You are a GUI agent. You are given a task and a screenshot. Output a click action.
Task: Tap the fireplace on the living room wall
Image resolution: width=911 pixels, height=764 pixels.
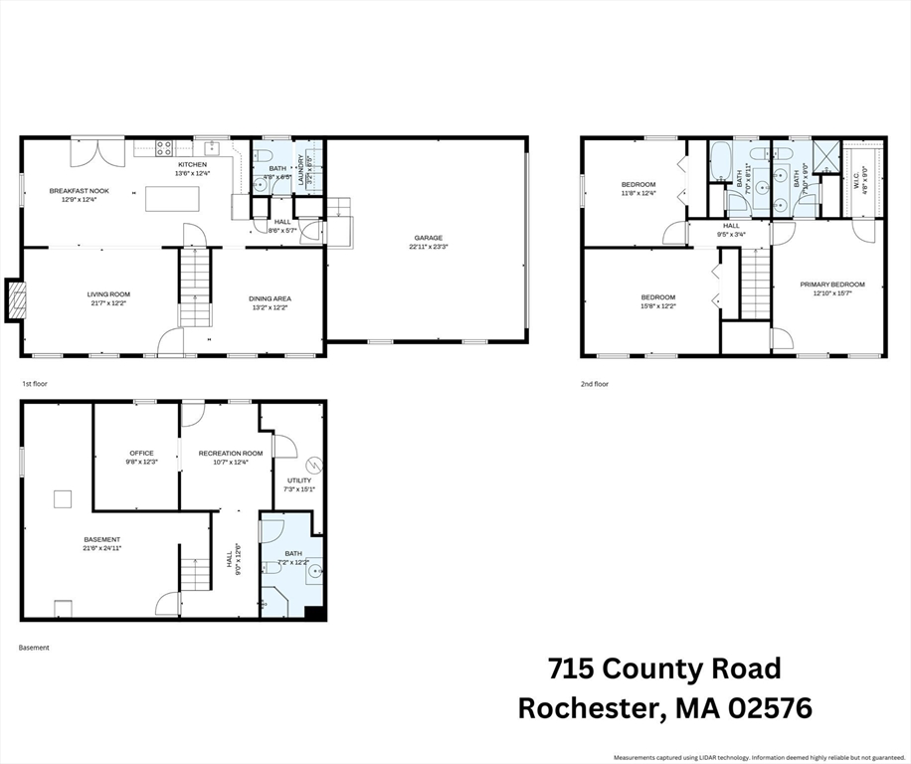(15, 300)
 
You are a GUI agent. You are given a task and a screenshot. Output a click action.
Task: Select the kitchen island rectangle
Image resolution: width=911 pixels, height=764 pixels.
(172, 198)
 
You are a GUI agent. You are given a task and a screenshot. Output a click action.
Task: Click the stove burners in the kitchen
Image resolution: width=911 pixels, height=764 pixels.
(164, 149)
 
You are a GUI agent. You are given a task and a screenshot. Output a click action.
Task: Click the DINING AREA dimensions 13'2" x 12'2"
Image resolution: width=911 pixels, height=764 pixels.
(270, 307)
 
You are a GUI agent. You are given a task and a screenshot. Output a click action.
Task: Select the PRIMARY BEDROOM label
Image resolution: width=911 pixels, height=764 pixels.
(832, 285)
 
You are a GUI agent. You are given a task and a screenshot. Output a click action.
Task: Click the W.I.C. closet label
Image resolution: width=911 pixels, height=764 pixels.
(857, 180)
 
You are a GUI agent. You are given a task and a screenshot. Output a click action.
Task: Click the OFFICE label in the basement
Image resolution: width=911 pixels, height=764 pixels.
(140, 453)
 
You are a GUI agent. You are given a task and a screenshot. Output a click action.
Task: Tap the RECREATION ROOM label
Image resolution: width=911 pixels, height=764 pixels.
(231, 453)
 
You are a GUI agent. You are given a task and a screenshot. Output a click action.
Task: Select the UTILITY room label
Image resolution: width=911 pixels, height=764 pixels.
(299, 479)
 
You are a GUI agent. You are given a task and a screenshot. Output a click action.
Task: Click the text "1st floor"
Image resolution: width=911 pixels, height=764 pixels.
(35, 383)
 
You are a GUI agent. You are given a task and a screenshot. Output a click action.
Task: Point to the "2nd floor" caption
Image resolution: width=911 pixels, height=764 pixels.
(595, 383)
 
